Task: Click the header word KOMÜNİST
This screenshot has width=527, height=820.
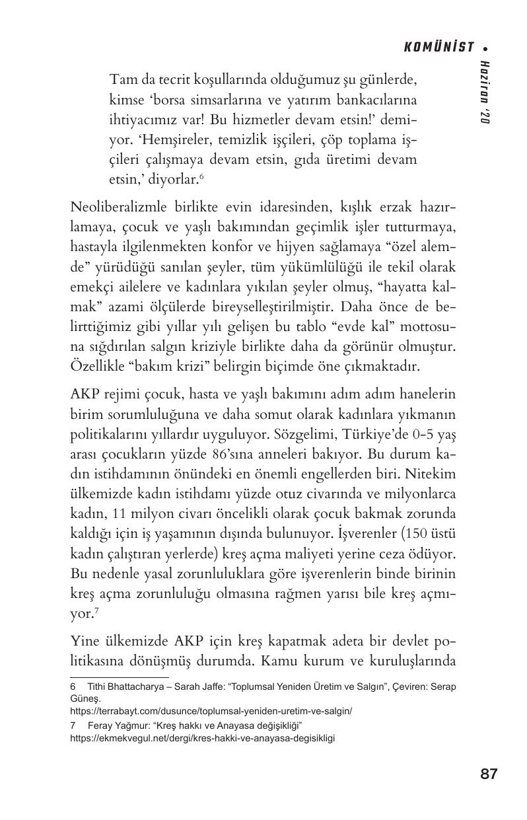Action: pos(439,48)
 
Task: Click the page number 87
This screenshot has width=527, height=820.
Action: pos(489,774)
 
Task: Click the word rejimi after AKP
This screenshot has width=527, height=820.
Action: pos(122,394)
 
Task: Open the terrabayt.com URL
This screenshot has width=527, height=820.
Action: pos(211,711)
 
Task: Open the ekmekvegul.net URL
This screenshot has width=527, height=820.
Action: pos(202,738)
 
